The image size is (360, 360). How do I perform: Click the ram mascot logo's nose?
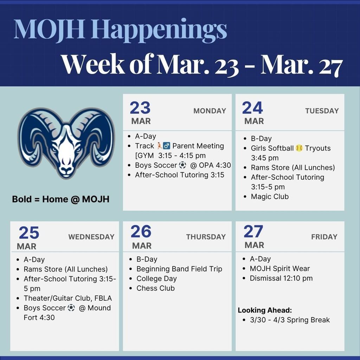(66, 169)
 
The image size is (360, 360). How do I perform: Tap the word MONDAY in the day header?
(210, 111)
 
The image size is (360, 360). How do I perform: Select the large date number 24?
(252, 108)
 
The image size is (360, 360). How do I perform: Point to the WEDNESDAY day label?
(91, 237)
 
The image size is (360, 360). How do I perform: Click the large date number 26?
(141, 232)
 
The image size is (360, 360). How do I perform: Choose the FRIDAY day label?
(324, 237)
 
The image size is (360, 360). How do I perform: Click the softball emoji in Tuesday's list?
(299, 148)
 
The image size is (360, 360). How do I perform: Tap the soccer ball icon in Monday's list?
(182, 165)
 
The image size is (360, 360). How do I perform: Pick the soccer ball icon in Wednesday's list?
(71, 308)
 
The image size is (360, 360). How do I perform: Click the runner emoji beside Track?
(160, 146)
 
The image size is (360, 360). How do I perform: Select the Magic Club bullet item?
(270, 197)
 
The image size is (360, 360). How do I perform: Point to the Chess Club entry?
(155, 288)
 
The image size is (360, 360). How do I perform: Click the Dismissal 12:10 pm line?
(281, 278)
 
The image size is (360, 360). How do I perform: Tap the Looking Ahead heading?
(265, 310)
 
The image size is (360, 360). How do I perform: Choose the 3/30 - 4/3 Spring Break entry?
(290, 320)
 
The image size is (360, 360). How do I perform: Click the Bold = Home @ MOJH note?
(60, 199)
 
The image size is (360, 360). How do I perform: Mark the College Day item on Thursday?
(156, 278)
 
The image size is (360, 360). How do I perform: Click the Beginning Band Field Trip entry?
(179, 269)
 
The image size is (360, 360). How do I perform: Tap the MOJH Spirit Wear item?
(280, 269)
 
